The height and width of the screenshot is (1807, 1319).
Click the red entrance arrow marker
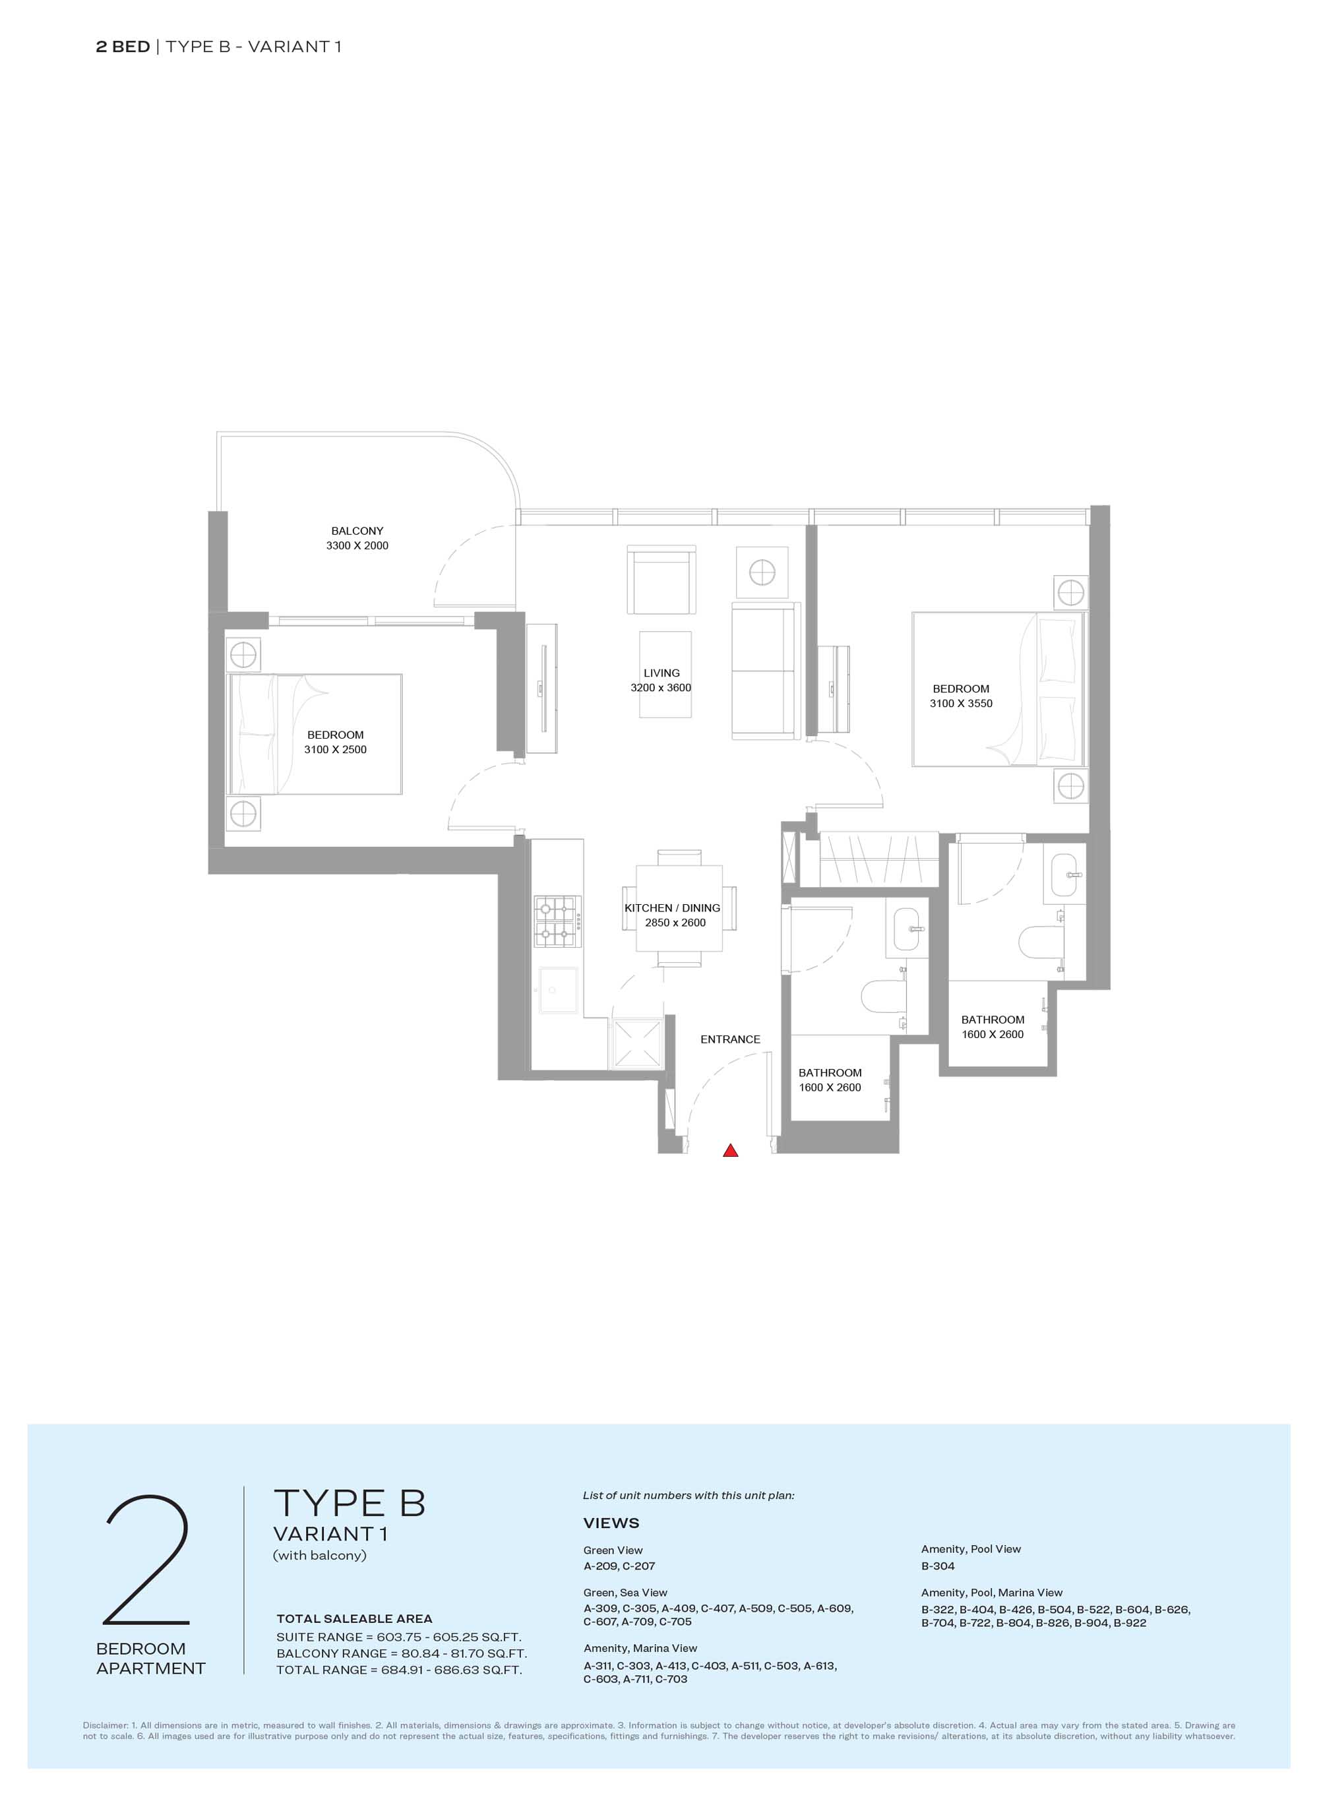click(x=730, y=1151)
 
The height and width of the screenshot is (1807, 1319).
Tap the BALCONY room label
click(x=357, y=531)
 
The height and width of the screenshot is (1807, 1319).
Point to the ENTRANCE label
click(x=730, y=1039)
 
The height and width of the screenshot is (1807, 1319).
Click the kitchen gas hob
click(x=557, y=921)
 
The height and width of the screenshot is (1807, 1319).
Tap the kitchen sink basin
click(x=558, y=990)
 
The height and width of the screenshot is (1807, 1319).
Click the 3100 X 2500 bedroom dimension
click(x=335, y=749)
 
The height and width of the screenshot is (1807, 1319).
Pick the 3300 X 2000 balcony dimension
click(x=357, y=545)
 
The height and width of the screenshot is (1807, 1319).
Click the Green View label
click(x=613, y=1550)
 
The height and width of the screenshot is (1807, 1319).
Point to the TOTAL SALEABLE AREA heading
click(x=355, y=1618)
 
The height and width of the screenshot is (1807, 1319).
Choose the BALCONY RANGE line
click(x=402, y=1653)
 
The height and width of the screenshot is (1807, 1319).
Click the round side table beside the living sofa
click(x=762, y=572)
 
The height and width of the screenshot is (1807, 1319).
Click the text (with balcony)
click(x=319, y=1556)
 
